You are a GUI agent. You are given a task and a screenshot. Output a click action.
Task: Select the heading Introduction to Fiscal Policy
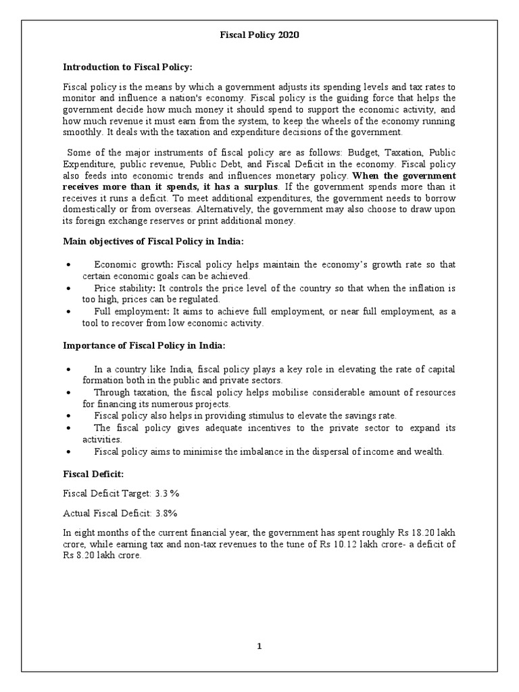coord(128,67)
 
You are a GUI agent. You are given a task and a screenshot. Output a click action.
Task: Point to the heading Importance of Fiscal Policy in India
coord(144,346)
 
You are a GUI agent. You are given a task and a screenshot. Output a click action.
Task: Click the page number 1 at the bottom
coord(259,646)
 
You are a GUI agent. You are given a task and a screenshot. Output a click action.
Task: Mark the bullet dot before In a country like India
coord(70,370)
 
